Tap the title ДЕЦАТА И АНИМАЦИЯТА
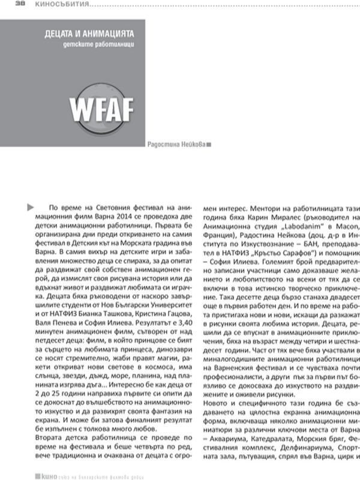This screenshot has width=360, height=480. click(89, 35)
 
